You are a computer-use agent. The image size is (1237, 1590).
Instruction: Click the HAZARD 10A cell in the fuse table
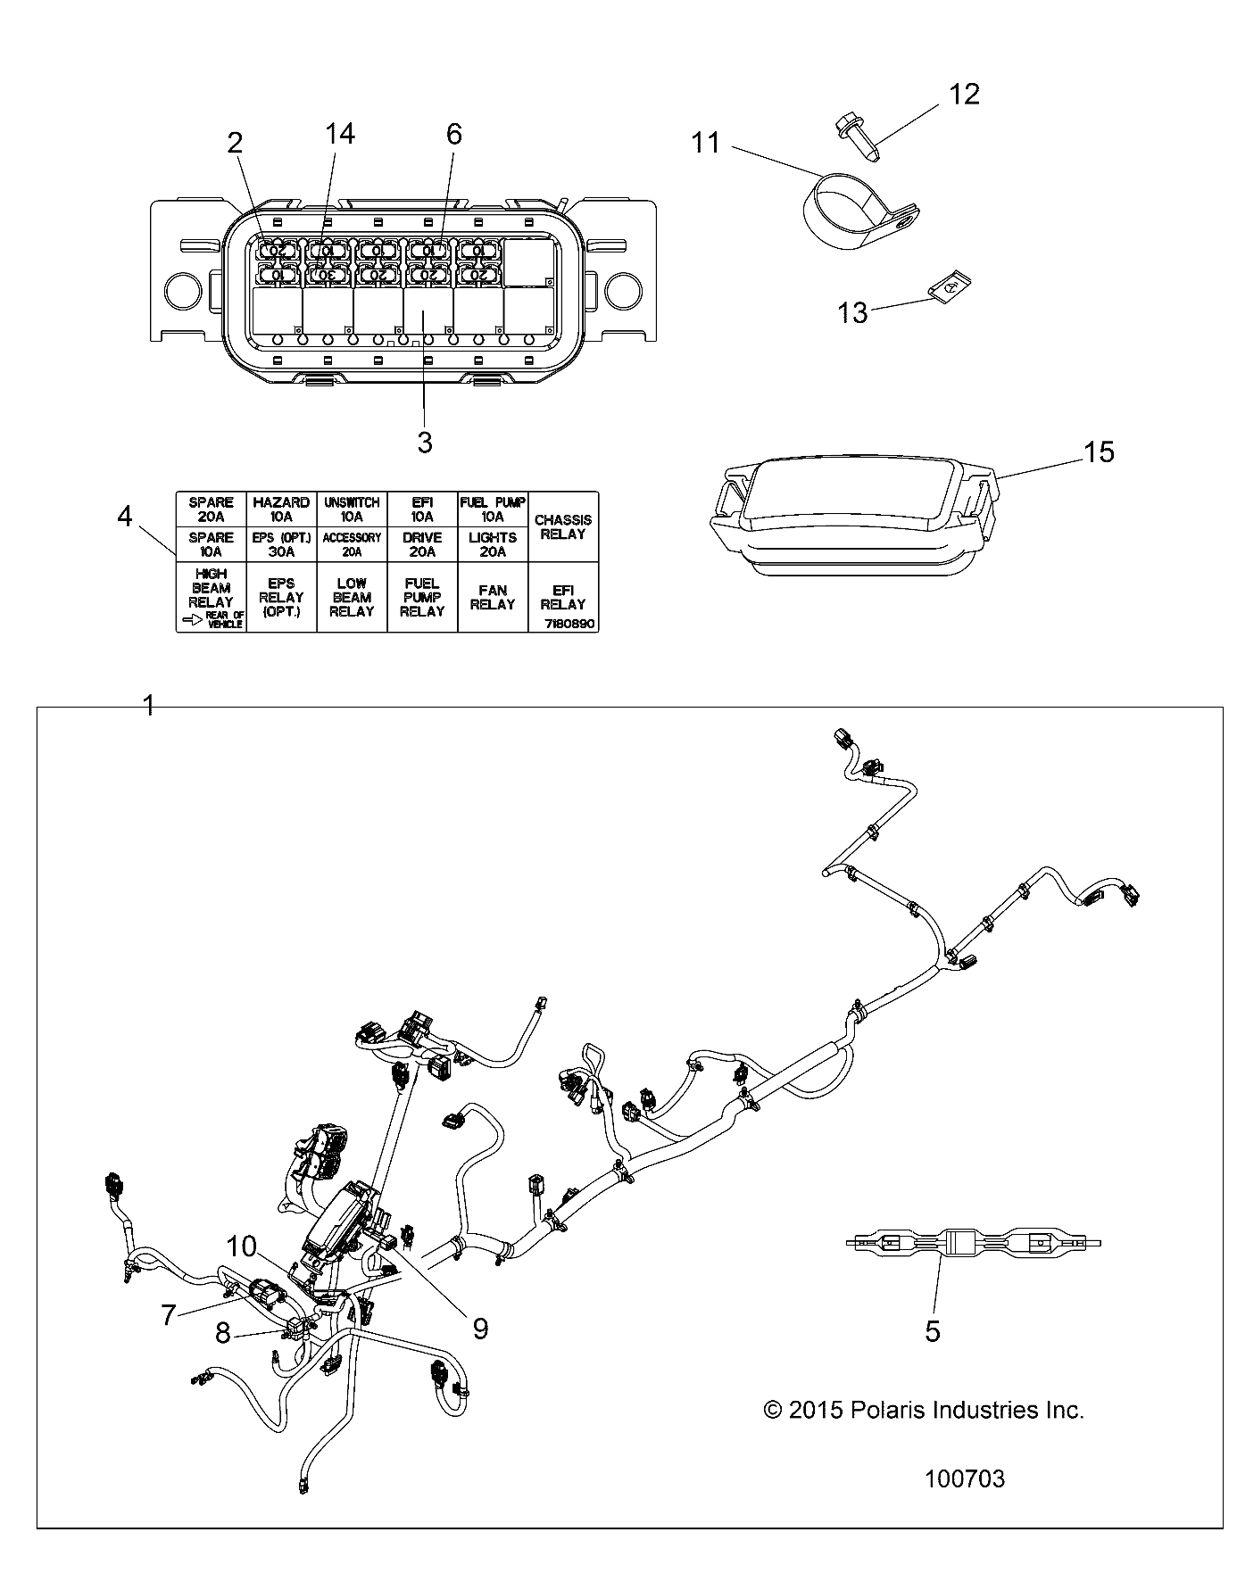point(281,509)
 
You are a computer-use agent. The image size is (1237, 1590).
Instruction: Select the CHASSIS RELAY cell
point(562,526)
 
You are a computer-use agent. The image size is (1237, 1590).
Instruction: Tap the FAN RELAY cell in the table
point(493,597)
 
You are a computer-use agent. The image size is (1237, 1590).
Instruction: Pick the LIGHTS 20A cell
point(493,544)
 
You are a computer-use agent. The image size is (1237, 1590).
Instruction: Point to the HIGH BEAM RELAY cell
point(211,589)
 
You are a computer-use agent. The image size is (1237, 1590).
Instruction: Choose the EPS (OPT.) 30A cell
point(281,544)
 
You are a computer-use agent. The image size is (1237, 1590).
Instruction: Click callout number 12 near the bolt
point(964,94)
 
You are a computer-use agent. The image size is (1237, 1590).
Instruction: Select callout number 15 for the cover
point(1100,452)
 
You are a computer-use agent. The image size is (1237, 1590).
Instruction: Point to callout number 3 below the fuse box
point(425,442)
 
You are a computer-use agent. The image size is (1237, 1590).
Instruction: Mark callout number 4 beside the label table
point(125,516)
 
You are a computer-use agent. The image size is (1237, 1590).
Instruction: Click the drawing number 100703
point(964,1479)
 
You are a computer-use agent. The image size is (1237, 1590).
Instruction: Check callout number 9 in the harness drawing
point(480,1329)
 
